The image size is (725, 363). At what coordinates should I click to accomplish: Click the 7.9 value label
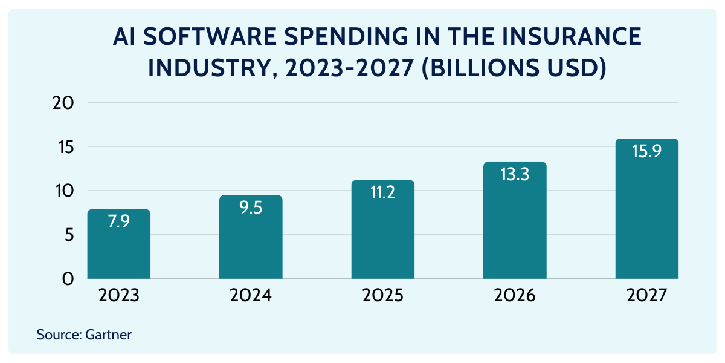118,221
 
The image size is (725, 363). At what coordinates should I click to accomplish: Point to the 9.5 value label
251,208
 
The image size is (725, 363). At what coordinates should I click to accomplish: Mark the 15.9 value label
646,151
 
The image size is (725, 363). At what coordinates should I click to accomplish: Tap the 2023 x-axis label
118,296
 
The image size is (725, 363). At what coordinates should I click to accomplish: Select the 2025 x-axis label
382,296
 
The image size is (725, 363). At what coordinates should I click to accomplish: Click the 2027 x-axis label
646,296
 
